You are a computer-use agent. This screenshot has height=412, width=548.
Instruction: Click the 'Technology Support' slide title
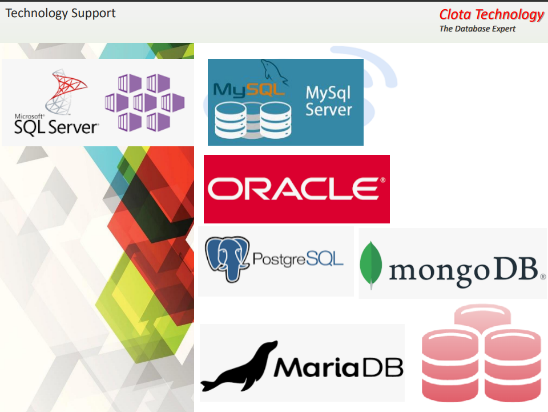[61, 13]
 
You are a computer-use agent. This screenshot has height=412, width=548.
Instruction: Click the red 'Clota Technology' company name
[491, 15]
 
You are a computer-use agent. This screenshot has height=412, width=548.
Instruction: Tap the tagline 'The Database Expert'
[477, 29]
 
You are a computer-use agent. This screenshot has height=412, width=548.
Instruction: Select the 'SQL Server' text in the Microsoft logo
[56, 127]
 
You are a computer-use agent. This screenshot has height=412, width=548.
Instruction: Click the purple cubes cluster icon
[145, 102]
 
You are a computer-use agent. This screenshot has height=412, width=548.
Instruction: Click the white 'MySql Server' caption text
[329, 101]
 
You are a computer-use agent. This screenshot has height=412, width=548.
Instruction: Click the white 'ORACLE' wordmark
[293, 189]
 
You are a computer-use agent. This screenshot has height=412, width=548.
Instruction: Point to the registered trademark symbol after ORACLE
[382, 180]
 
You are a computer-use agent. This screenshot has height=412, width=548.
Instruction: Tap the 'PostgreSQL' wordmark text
[297, 260]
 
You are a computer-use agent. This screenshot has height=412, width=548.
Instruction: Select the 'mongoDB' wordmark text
[464, 270]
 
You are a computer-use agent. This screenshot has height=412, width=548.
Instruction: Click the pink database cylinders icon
[481, 354]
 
